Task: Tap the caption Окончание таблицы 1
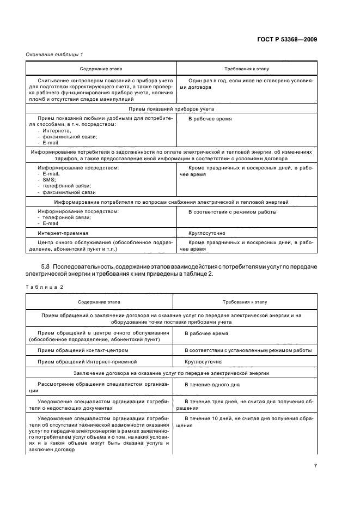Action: click(x=54, y=53)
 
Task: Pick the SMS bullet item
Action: click(x=47, y=179)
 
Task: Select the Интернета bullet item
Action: click(x=54, y=131)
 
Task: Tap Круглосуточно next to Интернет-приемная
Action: click(x=206, y=233)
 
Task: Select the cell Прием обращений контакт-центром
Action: click(x=82, y=350)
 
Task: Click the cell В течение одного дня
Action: click(x=212, y=385)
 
